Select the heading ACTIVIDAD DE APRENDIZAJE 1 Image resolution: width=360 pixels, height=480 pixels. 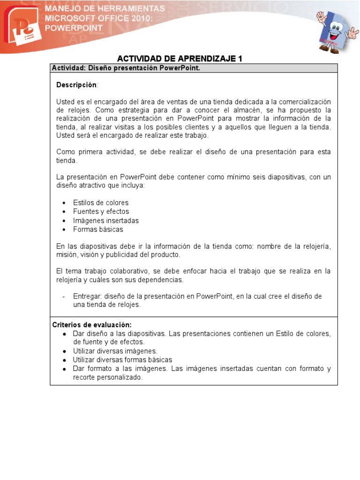(180, 59)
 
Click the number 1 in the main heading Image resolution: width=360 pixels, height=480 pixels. (240, 59)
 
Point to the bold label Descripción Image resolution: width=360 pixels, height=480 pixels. (77, 85)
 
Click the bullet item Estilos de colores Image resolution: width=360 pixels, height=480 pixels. (100, 202)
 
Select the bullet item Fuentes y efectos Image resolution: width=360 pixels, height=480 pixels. (101, 211)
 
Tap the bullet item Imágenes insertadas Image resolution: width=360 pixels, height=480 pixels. (105, 220)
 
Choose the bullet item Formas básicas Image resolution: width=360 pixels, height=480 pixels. (98, 229)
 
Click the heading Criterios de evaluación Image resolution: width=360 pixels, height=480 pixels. (92, 324)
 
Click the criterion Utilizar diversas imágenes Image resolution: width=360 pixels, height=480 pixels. (115, 351)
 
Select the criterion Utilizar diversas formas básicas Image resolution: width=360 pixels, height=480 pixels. (122, 360)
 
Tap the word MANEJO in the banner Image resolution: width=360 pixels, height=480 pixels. (61, 9)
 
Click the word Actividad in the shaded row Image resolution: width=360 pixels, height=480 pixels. (67, 68)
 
